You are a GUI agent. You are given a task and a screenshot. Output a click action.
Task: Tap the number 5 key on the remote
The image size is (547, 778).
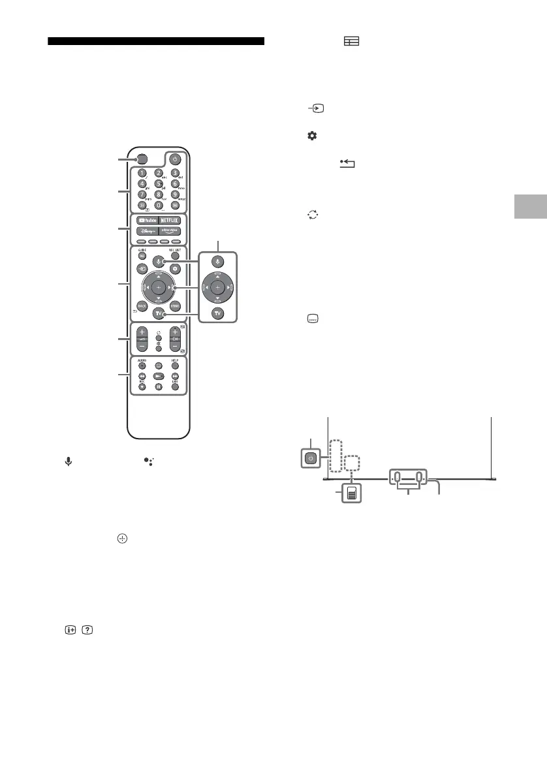[158, 183]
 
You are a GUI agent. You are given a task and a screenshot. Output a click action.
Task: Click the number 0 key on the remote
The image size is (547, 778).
[158, 205]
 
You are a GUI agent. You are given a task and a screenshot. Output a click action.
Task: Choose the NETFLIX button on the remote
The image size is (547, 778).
[172, 221]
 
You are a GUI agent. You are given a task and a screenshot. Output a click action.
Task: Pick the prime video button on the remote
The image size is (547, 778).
[172, 232]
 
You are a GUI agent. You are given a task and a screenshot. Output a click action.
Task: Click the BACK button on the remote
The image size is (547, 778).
[141, 305]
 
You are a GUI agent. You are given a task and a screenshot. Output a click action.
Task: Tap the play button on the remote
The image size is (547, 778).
[158, 377]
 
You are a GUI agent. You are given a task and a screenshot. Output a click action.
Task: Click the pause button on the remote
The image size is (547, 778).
[158, 387]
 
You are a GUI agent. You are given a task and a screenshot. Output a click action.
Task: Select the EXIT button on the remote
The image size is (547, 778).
[175, 387]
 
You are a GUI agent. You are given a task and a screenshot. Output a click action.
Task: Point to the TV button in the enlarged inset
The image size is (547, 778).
[219, 312]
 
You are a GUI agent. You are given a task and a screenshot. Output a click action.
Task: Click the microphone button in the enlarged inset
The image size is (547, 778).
[219, 260]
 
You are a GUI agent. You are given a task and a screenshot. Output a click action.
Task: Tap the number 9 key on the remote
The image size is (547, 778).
[175, 194]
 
